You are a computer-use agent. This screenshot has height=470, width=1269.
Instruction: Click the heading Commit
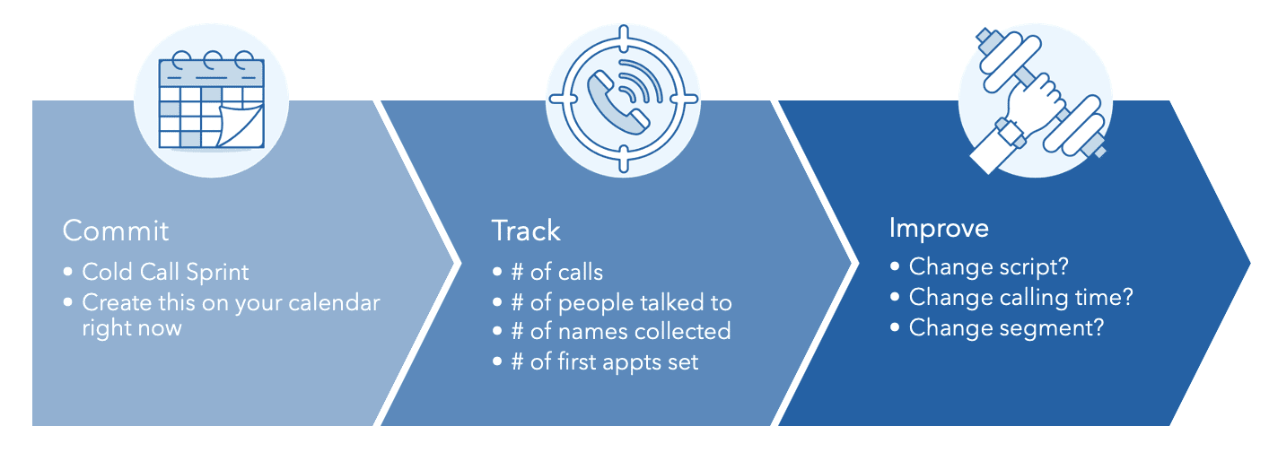pyautogui.click(x=116, y=231)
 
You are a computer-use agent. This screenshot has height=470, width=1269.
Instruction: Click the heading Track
pyautogui.click(x=526, y=231)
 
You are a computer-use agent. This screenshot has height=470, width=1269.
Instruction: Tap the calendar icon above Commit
pyautogui.click(x=211, y=100)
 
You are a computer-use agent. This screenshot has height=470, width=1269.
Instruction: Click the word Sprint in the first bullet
pyautogui.click(x=217, y=273)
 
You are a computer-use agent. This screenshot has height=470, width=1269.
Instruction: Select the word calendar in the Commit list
pyautogui.click(x=334, y=302)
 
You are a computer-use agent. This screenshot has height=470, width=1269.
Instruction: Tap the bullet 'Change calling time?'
pyautogui.click(x=1021, y=298)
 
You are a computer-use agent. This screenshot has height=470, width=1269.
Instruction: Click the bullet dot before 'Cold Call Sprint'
pyautogui.click(x=68, y=272)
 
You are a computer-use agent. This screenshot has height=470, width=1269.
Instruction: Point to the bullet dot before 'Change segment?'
pyautogui.click(x=895, y=327)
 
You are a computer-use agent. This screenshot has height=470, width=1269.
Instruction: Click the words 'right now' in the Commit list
pyautogui.click(x=132, y=328)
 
